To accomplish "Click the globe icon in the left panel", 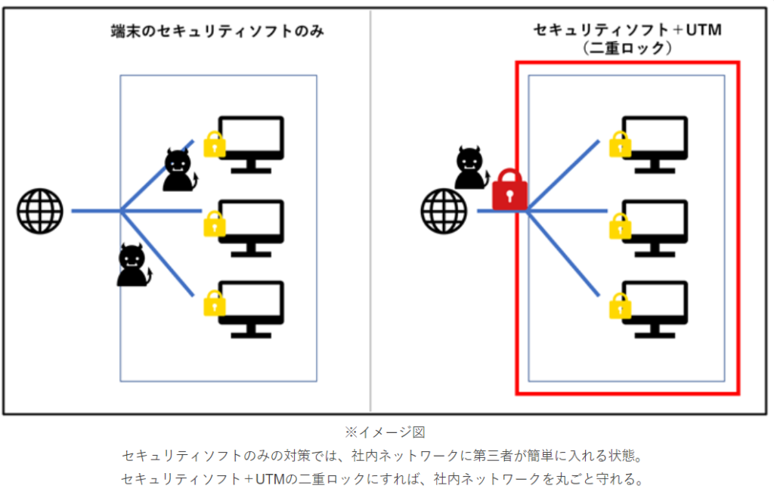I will pos(41,211).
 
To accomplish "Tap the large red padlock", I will pos(509,190).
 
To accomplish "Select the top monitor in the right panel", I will pos(655,143).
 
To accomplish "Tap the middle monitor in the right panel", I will pos(655,226).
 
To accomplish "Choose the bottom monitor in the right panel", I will pos(655,308).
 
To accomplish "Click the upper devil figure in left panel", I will pos(179,171).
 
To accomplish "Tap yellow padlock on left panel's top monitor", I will pos(215,144).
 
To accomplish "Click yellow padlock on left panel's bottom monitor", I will pos(215,303).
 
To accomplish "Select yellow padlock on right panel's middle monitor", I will pos(620,225).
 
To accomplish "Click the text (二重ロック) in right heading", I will pos(628,48).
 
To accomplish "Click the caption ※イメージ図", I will pos(385,432).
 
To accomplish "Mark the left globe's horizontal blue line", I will pos(95,211).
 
